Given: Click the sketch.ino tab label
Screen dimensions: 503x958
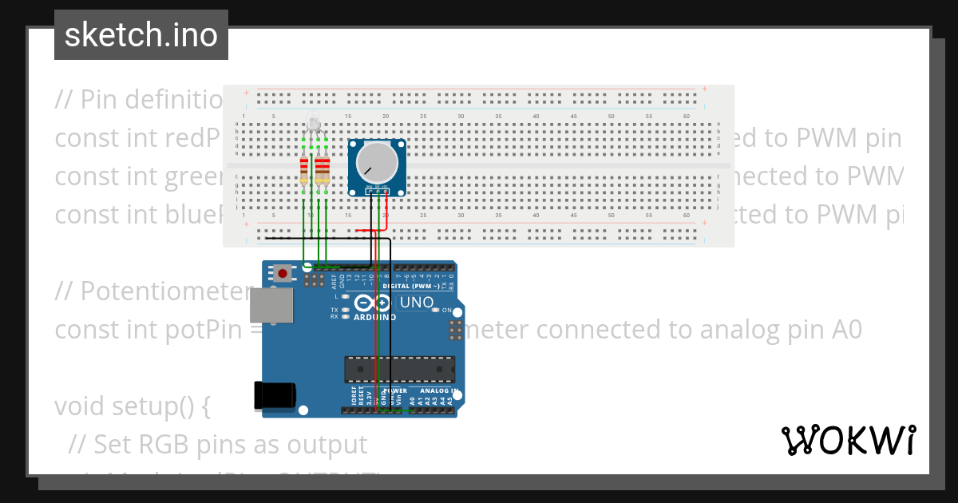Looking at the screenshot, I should click(x=141, y=35).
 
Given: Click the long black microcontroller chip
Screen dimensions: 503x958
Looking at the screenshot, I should click(x=399, y=370).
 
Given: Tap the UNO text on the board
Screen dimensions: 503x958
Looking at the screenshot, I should click(x=416, y=303).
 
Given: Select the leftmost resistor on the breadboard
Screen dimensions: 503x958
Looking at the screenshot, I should click(x=303, y=170).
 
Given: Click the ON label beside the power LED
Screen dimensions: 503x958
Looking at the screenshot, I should click(x=447, y=311).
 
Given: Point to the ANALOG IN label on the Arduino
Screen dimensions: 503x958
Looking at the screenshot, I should click(x=434, y=391).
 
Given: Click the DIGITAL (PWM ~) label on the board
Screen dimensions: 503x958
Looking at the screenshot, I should click(x=409, y=285).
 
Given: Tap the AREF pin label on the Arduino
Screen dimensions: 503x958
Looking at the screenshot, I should click(x=334, y=280).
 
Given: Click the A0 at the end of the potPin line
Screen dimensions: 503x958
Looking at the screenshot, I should click(x=845, y=330).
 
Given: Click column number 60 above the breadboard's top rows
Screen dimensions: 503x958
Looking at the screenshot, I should click(x=687, y=117).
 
